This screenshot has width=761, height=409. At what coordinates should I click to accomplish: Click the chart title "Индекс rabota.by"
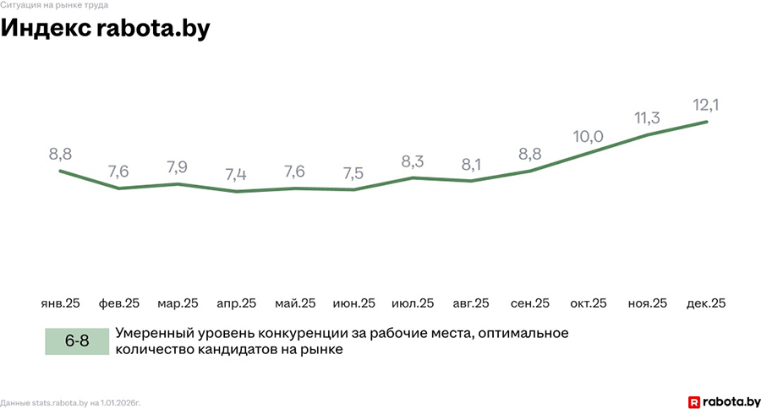[x=105, y=28]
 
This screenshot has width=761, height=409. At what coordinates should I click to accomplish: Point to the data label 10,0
[x=589, y=135]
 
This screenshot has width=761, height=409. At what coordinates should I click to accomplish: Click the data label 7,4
[x=237, y=175]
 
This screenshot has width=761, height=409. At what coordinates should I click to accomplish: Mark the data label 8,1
[x=471, y=164]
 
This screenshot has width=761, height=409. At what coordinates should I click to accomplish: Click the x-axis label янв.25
[x=60, y=303]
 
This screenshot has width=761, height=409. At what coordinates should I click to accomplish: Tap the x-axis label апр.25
[x=237, y=303]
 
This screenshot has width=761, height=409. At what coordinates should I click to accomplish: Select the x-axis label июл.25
[x=413, y=303]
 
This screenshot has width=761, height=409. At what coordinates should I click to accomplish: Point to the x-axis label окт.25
[x=589, y=303]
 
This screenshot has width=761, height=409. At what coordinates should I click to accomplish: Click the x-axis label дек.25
[x=706, y=303]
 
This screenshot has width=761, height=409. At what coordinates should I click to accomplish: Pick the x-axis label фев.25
[x=119, y=303]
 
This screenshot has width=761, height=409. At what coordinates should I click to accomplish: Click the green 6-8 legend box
[x=77, y=341]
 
